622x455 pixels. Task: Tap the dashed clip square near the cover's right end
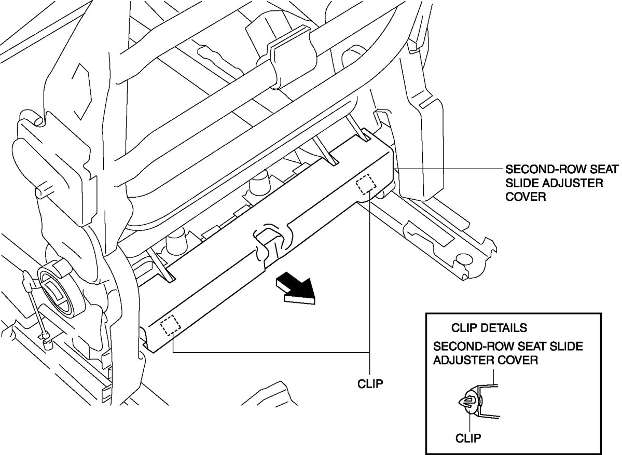(366, 184)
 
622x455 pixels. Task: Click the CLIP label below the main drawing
(370, 384)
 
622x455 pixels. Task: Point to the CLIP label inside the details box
(468, 437)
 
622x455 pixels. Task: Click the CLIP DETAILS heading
(489, 328)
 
